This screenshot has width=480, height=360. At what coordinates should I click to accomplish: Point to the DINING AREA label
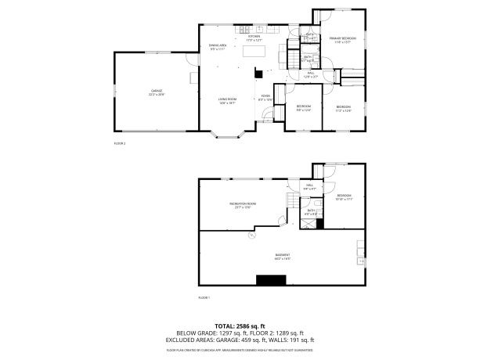218,47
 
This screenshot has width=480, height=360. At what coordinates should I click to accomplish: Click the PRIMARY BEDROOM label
343,39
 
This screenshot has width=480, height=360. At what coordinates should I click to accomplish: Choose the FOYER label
265,98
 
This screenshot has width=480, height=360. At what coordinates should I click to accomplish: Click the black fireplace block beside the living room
258,73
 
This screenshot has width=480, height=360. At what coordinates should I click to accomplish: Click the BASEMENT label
283,257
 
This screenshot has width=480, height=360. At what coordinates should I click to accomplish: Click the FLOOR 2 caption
120,144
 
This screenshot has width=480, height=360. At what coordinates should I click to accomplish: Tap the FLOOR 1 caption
204,297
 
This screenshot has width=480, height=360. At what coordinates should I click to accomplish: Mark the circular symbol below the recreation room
251,234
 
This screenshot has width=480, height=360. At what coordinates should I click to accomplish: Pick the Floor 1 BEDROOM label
344,197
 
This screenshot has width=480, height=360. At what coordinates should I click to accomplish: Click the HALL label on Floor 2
311,75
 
